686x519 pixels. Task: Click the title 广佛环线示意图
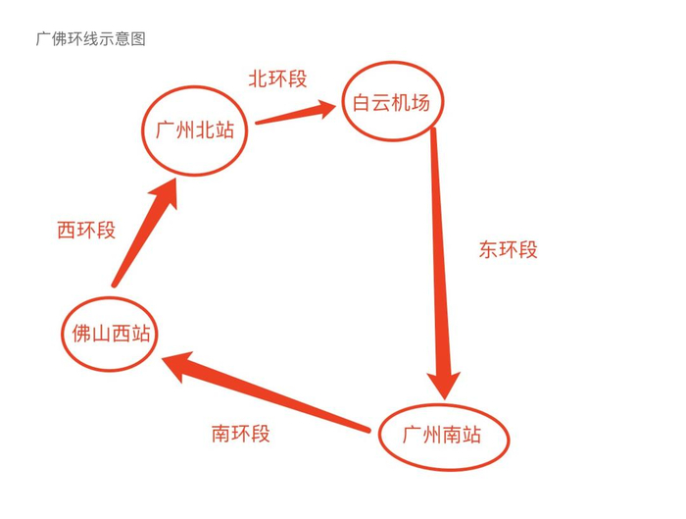[90, 40]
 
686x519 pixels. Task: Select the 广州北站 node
[195, 130]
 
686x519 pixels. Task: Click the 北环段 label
[277, 79]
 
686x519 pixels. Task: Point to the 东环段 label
[508, 249]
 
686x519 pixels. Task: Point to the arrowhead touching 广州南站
[446, 377]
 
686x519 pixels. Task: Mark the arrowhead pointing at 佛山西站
[181, 366]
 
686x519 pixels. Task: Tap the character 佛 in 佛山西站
[77, 334]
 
